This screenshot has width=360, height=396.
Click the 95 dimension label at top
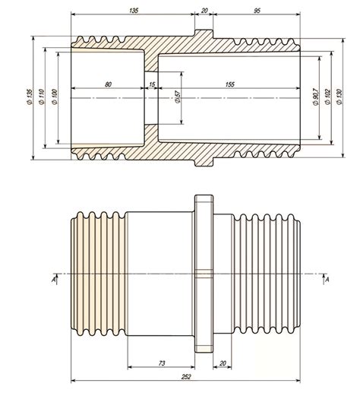[257, 11]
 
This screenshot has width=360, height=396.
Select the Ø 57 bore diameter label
[178, 97]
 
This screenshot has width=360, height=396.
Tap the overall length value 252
[185, 377]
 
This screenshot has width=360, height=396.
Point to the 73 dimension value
[162, 363]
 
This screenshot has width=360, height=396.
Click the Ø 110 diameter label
[42, 97]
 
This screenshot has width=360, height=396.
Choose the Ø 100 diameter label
[55, 97]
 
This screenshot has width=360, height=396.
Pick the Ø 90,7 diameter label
[315, 97]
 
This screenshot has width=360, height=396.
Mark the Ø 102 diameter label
[327, 97]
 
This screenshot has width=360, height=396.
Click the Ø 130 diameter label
[339, 97]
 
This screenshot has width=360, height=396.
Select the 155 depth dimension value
[230, 84]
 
